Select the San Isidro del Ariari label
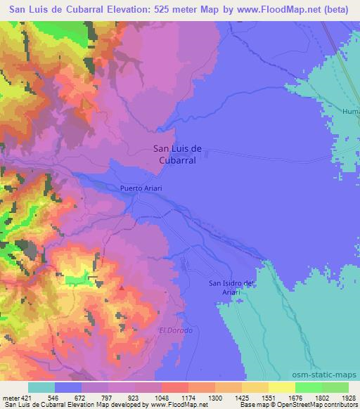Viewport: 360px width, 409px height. (x=235, y=287)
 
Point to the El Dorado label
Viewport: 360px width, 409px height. (x=176, y=330)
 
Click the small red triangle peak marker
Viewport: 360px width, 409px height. (x=122, y=287)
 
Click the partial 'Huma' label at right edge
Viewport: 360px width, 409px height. (x=350, y=111)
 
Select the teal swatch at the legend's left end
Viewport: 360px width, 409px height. (x=41, y=387)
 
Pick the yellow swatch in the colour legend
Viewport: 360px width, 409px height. (x=282, y=387)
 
